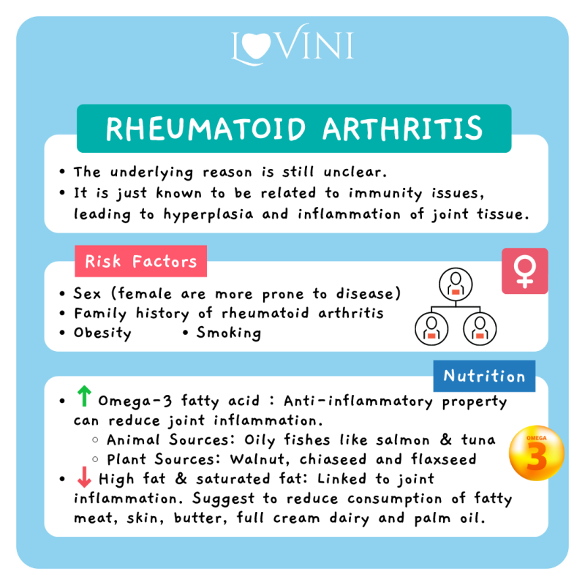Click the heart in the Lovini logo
[256, 45]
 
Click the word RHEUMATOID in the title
[206, 129]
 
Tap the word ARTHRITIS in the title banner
[403, 129]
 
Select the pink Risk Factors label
[140, 261]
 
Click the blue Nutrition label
[484, 376]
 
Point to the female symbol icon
[524, 271]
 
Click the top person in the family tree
[456, 284]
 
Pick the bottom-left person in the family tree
[431, 328]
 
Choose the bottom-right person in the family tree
[480, 328]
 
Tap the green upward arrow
[84, 396]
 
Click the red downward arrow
[84, 477]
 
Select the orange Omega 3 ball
[537, 453]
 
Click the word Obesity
[102, 333]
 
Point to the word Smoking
[229, 333]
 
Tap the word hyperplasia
[208, 214]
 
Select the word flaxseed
[444, 459]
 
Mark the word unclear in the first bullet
[355, 172]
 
